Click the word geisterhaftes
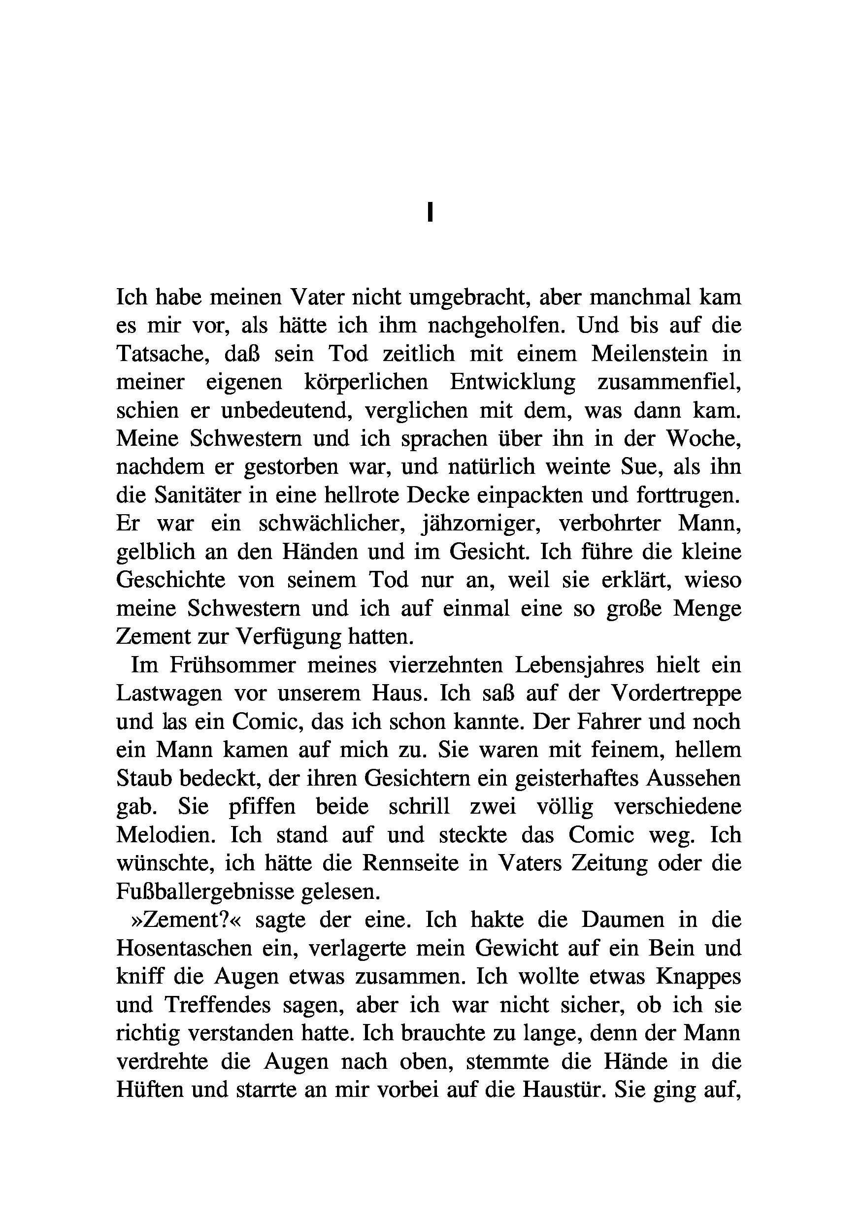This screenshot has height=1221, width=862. tap(564, 778)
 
